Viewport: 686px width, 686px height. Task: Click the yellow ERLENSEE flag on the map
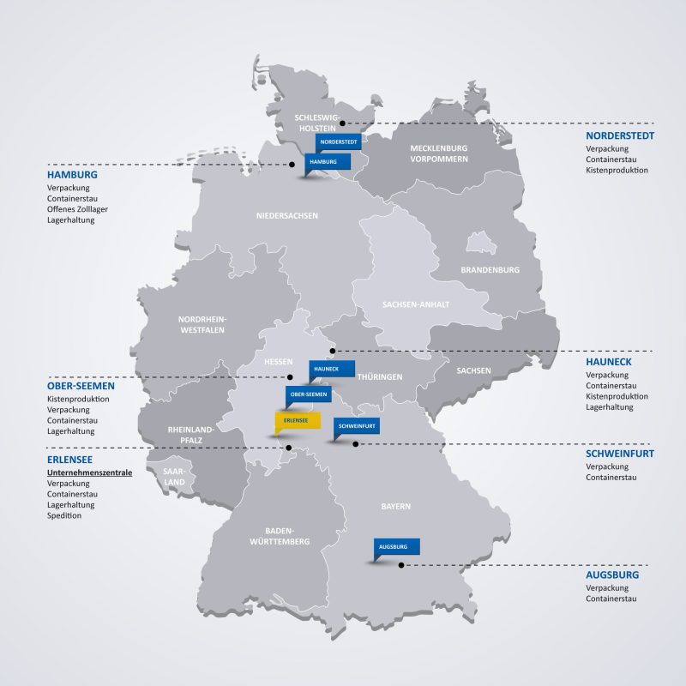298,421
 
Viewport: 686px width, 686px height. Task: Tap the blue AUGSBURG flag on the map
397,546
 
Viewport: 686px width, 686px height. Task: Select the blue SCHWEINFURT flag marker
356,425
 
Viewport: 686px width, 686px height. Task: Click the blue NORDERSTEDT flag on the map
338,141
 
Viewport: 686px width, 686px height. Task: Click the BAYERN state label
396,507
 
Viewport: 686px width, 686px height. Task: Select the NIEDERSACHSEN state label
286,216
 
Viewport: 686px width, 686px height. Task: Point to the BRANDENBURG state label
490,270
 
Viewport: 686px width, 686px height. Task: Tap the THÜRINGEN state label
379,377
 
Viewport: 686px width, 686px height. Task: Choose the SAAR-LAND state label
175,476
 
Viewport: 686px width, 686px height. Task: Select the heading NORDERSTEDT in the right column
620,135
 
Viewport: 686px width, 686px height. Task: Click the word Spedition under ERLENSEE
64,516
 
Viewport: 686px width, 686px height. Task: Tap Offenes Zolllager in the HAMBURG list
77,209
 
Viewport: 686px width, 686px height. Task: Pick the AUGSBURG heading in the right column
612,575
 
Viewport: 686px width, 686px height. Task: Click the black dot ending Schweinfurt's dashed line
356,444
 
